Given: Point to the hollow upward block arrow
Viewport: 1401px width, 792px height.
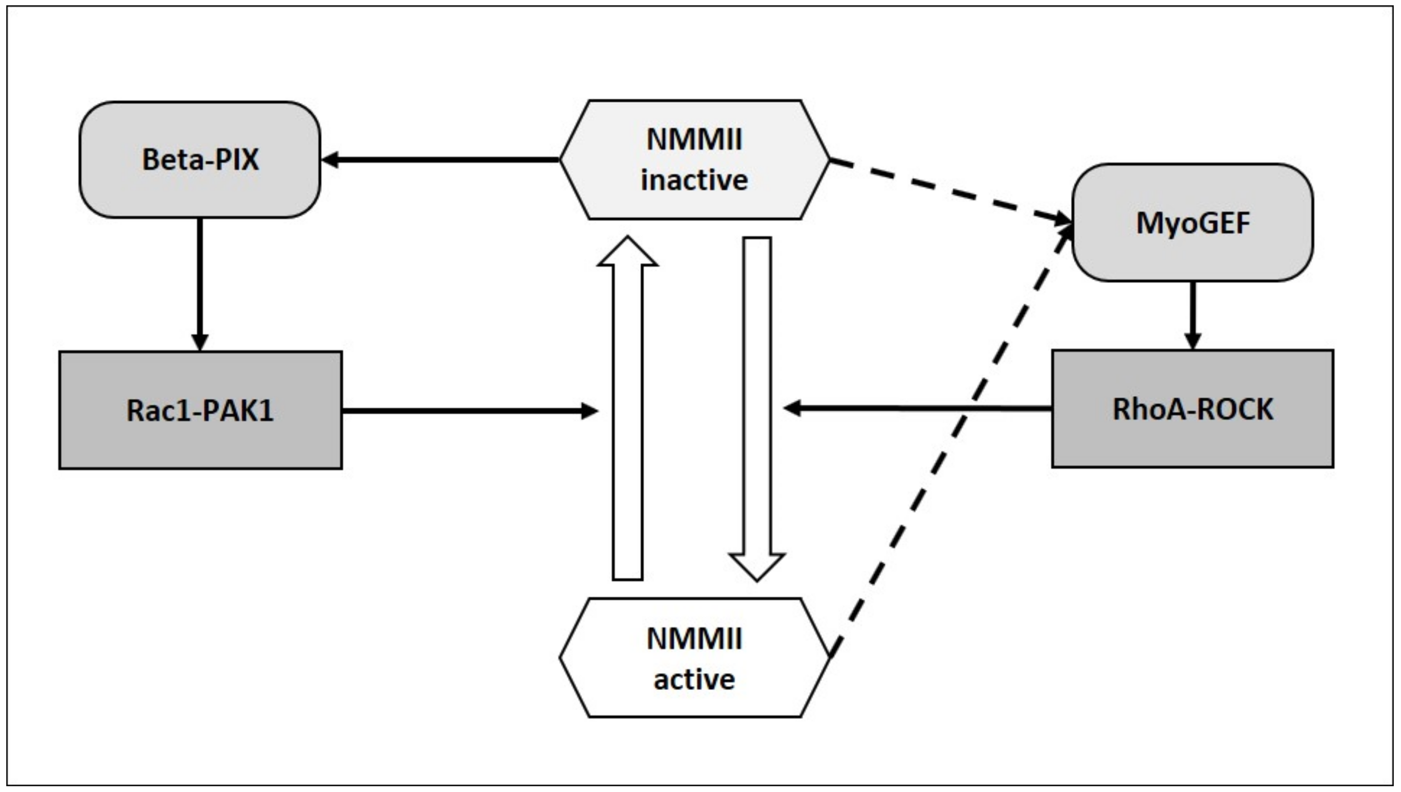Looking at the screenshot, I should click(628, 425).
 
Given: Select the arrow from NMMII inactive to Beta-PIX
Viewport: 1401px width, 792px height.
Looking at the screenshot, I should click(441, 160).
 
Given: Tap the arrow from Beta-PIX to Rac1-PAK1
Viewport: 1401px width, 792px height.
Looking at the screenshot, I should click(200, 283).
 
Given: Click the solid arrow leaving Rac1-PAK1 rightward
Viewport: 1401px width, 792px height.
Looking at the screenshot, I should click(468, 411).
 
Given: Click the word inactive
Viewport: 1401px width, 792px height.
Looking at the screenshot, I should click(694, 180).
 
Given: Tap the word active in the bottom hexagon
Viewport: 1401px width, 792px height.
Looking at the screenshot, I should click(694, 679).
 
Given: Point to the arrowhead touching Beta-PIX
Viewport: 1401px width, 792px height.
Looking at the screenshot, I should click(330, 160).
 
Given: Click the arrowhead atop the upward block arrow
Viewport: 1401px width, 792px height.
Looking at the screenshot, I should click(628, 253).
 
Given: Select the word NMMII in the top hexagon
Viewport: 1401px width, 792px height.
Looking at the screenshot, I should click(694, 140).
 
